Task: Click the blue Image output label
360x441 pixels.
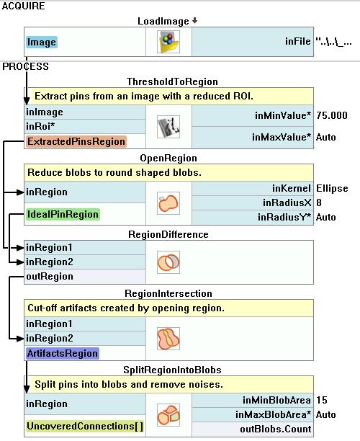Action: pos(42,43)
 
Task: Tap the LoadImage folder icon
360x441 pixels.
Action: pos(168,42)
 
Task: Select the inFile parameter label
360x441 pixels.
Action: pos(298,41)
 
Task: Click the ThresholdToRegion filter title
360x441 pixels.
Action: pos(172,81)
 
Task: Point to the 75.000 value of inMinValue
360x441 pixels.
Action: pos(332,115)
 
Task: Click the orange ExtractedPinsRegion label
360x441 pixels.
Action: pos(76,141)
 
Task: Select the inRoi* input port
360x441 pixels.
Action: pos(40,126)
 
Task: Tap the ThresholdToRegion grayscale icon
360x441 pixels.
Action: pos(168,127)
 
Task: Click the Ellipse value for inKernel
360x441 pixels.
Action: pos(332,188)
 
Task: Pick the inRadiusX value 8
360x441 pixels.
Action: pos(319,202)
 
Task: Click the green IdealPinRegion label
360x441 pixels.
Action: pos(63,214)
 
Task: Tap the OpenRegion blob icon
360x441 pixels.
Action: pos(168,203)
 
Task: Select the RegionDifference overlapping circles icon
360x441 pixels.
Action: pos(168,262)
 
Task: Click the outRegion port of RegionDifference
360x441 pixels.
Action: pos(50,277)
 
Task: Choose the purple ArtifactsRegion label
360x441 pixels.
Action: pos(63,353)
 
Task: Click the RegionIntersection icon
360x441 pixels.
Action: pos(168,339)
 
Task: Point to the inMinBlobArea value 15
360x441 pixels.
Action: pos(322,400)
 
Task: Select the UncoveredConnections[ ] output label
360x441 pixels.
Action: pos(85,427)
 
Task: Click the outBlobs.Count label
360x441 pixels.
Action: pos(276,429)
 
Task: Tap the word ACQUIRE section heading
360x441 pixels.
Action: pos(23,6)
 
